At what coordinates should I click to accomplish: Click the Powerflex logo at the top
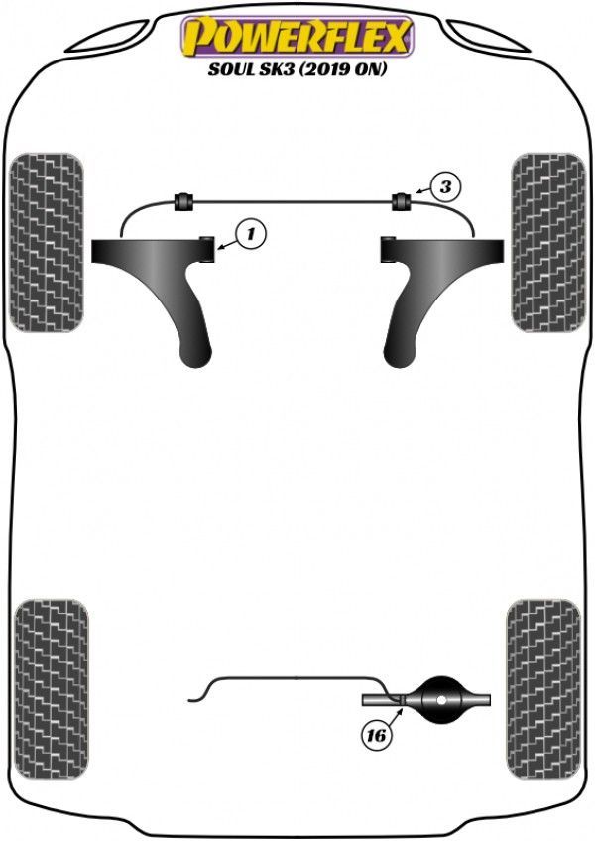[x=297, y=36]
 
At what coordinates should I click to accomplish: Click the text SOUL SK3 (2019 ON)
[x=297, y=69]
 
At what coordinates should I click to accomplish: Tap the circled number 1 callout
[x=251, y=235]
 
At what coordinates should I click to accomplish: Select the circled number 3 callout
[x=445, y=187]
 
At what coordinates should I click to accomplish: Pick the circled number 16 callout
[x=376, y=735]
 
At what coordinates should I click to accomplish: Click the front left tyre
[x=47, y=242]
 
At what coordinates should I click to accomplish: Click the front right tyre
[x=547, y=242]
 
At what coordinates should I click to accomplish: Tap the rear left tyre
[x=52, y=689]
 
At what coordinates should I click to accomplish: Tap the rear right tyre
[x=543, y=689]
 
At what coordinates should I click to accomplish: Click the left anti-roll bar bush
[x=184, y=201]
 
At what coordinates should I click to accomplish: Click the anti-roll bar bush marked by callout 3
[x=402, y=201]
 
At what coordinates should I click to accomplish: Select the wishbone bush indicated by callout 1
[x=207, y=249]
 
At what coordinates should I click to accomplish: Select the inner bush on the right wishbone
[x=388, y=249]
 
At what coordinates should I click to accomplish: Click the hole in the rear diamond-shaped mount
[x=440, y=700]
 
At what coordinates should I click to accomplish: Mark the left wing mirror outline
[x=106, y=37]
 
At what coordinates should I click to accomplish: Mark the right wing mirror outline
[x=489, y=37]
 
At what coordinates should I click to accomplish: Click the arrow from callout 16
[x=395, y=715]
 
